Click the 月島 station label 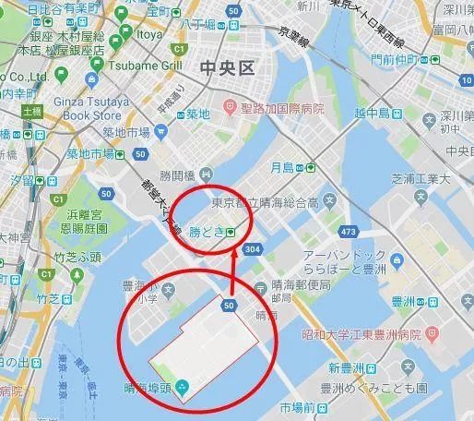289,168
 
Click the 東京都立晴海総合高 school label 267,202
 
